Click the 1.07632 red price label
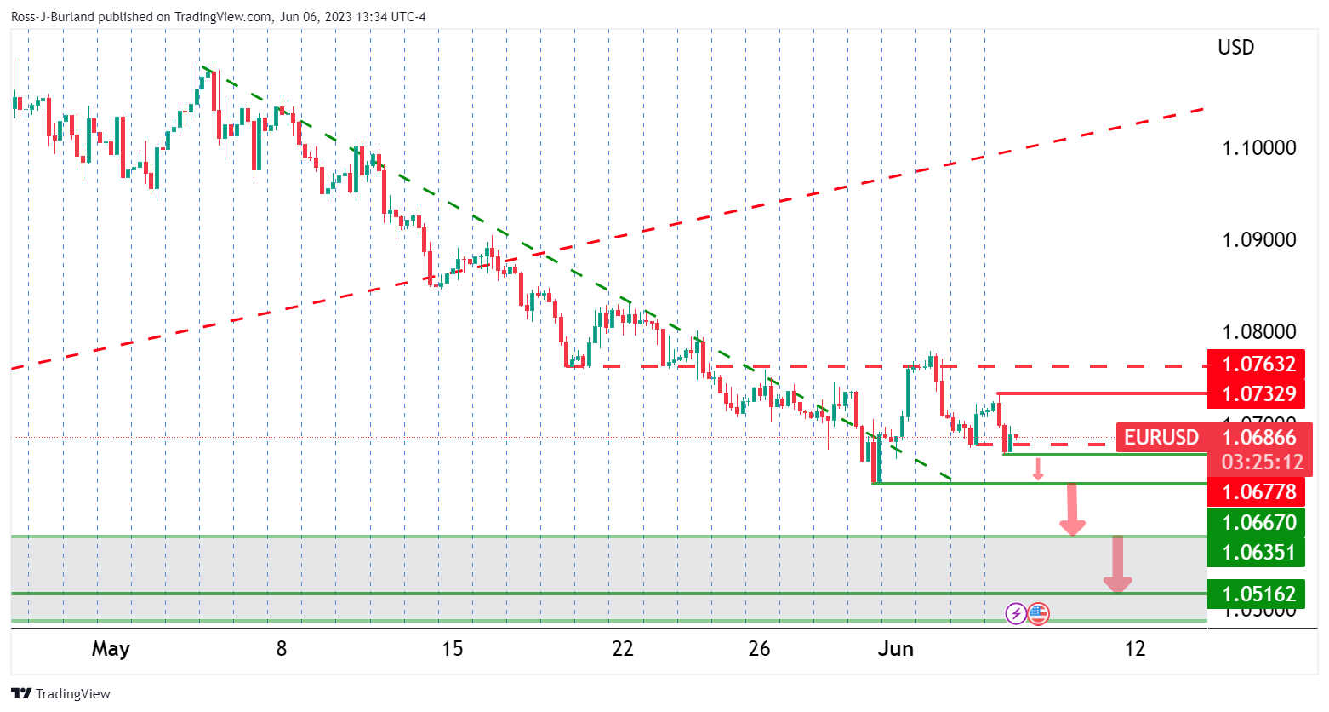click(1258, 365)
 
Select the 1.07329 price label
click(1258, 393)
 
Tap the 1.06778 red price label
click(1258, 491)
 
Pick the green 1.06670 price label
click(1258, 522)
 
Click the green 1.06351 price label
click(1258, 552)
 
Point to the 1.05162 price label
click(1258, 594)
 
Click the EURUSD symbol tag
click(1161, 438)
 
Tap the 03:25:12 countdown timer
click(1262, 462)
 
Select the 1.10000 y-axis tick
click(1258, 148)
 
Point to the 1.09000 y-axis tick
click(1258, 240)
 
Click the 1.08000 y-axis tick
click(1258, 332)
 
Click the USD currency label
click(1235, 48)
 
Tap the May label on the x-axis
click(111, 649)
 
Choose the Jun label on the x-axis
click(895, 649)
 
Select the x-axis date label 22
click(623, 649)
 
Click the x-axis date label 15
click(453, 649)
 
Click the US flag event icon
click(1038, 613)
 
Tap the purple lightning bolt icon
click(1016, 613)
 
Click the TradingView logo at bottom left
click(61, 693)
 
